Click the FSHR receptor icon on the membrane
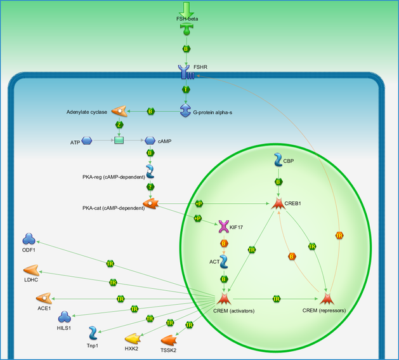pos(186,72)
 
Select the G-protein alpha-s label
pos(213,112)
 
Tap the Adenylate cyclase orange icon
pos(119,111)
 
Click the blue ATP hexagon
pos(87,141)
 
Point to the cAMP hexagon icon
pos(150,141)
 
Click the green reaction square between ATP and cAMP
pos(119,140)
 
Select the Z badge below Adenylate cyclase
pos(119,125)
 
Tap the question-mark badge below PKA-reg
pos(150,187)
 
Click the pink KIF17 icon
pos(224,227)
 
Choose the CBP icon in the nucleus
pos(278,160)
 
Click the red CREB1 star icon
pos(278,204)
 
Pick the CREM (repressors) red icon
pos(327,298)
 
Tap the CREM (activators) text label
pos(234,311)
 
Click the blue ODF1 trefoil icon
pos(29,239)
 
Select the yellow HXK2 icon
pos(133,338)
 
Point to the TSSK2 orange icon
pos(169,340)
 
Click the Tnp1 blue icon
pos(93,333)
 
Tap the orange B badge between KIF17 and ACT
pos(224,244)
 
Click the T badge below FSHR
pos(186,90)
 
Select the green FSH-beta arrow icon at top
pos(186,10)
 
